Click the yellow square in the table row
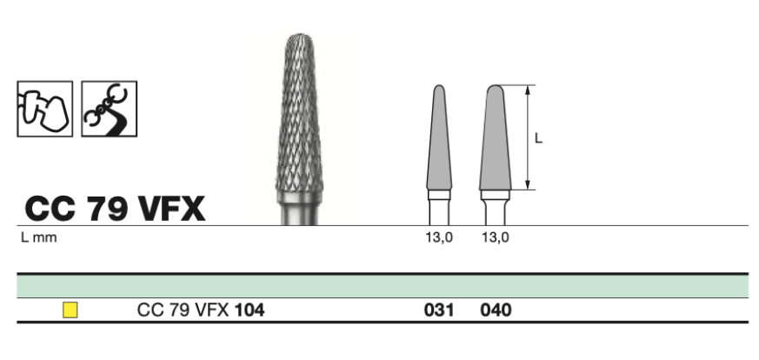[x=70, y=310]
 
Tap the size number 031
[x=439, y=310]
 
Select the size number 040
[x=496, y=310]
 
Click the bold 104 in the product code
[x=250, y=310]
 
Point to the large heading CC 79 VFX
[x=115, y=209]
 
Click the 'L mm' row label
[x=39, y=237]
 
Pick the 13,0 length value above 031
[x=440, y=237]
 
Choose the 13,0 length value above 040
[x=496, y=237]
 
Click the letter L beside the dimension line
[x=538, y=138]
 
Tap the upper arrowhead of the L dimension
[x=528, y=88]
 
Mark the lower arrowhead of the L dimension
[x=528, y=186]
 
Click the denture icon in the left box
[x=45, y=109]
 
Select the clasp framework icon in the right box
[x=109, y=109]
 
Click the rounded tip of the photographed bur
[x=300, y=37]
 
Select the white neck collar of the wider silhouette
[x=496, y=195]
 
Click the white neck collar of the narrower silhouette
[x=439, y=195]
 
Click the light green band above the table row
[x=383, y=286]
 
